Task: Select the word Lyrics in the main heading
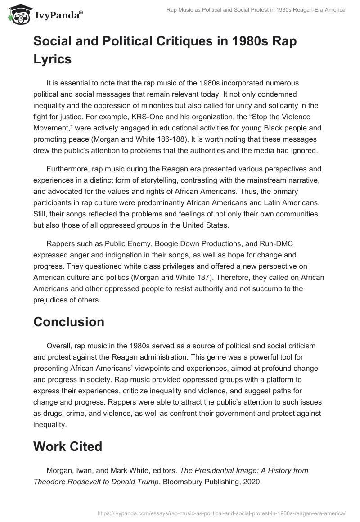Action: click(53, 58)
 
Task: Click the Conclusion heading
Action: click(69, 322)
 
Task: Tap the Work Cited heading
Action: click(67, 446)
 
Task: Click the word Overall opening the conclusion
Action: click(59, 346)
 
